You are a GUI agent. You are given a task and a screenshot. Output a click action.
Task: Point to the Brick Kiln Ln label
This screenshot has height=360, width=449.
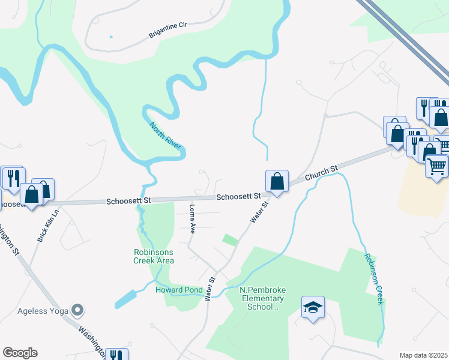pyautogui.click(x=47, y=225)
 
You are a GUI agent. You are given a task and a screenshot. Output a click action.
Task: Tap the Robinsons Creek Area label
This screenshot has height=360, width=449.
pyautogui.click(x=154, y=256)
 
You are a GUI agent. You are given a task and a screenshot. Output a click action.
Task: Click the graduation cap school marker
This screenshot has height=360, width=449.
pyautogui.click(x=313, y=308)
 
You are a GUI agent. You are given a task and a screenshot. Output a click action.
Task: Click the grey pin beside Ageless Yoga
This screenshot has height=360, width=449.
pyautogui.click(x=77, y=310)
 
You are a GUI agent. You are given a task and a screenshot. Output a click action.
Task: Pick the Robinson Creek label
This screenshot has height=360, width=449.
pyautogui.click(x=373, y=278)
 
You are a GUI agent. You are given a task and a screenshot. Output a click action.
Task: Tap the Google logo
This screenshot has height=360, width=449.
pyautogui.click(x=20, y=353)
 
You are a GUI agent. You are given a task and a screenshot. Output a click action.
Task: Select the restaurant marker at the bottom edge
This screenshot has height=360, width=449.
pyautogui.click(x=116, y=355)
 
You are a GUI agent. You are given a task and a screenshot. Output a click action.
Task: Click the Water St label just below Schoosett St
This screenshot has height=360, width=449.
pyautogui.click(x=259, y=212)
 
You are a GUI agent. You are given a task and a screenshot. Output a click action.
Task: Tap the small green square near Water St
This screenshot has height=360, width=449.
pyautogui.click(x=230, y=239)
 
